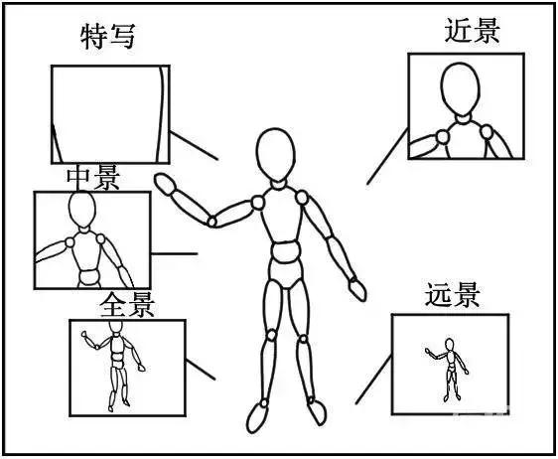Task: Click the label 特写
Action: click(107, 38)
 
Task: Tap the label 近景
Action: click(472, 32)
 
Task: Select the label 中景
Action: click(93, 178)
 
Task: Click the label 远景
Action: click(453, 295)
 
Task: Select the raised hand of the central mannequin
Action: click(165, 182)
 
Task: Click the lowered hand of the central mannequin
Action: click(356, 288)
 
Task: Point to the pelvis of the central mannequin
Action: click(286, 269)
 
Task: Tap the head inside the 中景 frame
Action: click(81, 212)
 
